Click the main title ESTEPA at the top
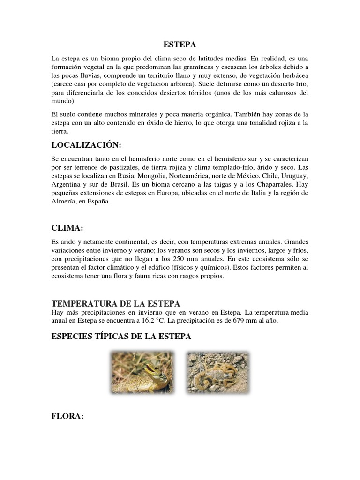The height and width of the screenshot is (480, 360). click(x=180, y=45)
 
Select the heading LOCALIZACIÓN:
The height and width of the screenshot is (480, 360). click(x=90, y=144)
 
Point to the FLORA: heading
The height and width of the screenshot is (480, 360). click(x=67, y=417)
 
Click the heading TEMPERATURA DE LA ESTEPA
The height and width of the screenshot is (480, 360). click(x=116, y=303)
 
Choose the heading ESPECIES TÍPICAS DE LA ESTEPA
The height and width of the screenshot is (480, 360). click(x=121, y=337)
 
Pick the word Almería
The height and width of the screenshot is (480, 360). click(x=66, y=202)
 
